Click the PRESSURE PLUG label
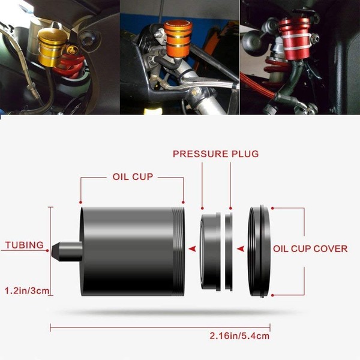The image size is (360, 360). point(215,154)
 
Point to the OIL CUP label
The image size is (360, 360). point(132,178)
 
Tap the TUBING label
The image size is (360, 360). point(24,245)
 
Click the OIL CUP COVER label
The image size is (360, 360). point(310,248)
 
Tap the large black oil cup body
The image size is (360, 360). point(126,253)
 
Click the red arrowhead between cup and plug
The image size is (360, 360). point(192,248)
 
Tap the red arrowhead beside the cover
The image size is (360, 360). point(241,248)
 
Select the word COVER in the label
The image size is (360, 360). point(331,248)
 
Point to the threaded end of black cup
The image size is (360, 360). point(176,253)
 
